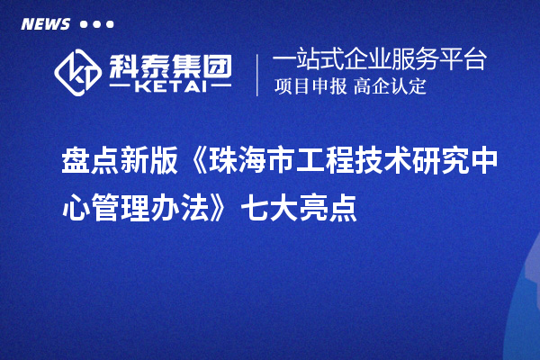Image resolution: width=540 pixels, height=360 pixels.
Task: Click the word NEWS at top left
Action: [x=45, y=23]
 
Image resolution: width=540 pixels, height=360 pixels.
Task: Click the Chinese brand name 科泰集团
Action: [x=171, y=64]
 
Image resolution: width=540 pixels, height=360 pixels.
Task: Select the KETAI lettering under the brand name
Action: [x=170, y=87]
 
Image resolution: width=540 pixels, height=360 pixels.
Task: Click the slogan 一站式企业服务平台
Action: [x=379, y=60]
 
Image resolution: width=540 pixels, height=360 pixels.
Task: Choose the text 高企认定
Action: [x=391, y=87]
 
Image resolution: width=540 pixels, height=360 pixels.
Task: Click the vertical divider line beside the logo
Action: [x=258, y=75]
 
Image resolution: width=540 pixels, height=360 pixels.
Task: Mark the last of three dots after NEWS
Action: [x=110, y=24]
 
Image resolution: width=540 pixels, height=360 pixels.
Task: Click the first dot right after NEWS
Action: [x=84, y=24]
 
